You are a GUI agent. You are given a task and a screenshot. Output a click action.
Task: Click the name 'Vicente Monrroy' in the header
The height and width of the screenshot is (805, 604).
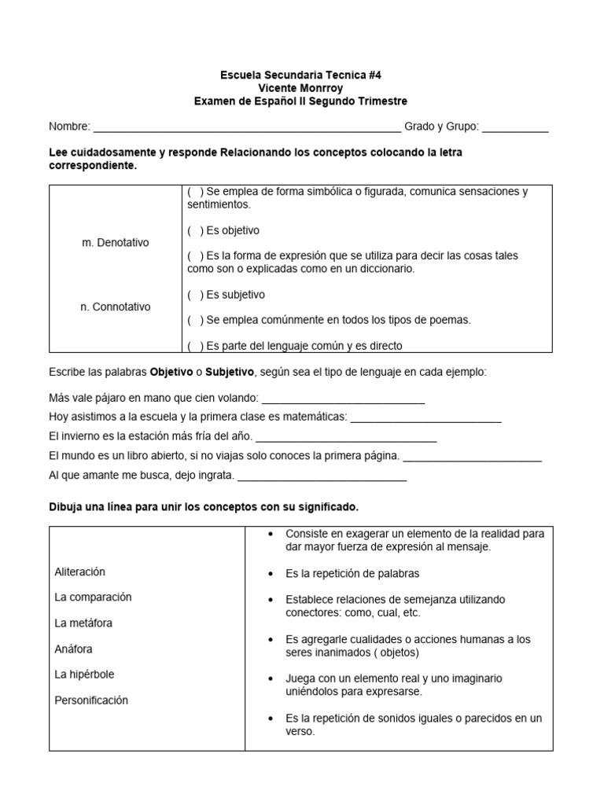click(x=301, y=88)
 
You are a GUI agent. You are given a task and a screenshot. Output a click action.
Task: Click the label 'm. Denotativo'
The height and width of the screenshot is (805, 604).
click(x=115, y=243)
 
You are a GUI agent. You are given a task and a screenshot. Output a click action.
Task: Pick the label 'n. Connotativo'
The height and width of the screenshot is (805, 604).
click(x=115, y=307)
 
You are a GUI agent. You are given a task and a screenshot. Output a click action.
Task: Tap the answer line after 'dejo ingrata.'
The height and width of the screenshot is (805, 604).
click(x=322, y=476)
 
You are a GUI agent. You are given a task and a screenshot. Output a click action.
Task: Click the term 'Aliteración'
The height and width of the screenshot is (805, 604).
click(x=79, y=572)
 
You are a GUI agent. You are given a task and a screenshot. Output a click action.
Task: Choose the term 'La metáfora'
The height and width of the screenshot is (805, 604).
click(x=83, y=623)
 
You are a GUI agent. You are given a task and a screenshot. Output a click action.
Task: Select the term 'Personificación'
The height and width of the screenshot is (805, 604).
click(x=91, y=700)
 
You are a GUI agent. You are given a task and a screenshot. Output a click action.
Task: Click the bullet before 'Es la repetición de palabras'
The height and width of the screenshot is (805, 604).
click(x=271, y=573)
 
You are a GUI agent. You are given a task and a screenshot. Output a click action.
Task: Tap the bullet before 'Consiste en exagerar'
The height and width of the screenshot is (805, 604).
click(x=271, y=534)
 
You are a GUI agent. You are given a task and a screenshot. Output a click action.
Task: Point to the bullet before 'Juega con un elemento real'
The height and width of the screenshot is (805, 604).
click(x=271, y=678)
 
